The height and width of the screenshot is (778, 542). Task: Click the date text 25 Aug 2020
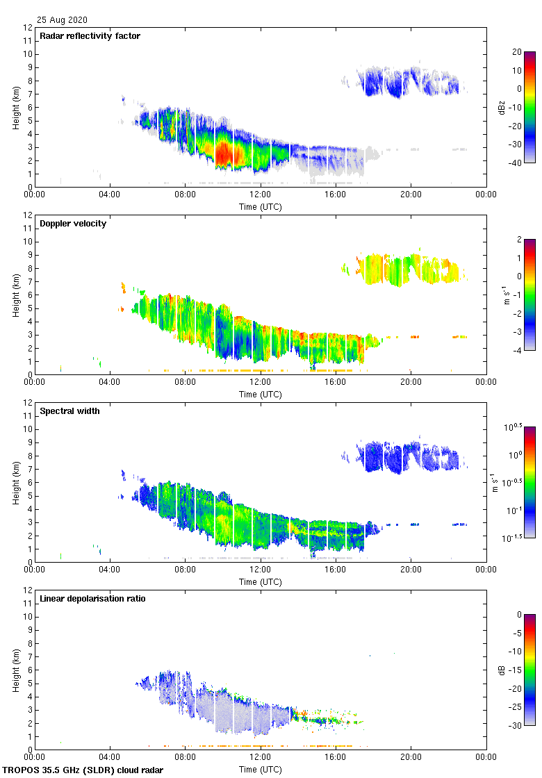(x=63, y=20)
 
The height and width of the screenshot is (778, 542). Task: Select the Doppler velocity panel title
(x=73, y=224)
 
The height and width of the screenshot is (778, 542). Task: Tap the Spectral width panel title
(x=70, y=411)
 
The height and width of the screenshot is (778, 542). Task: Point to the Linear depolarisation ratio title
(x=92, y=599)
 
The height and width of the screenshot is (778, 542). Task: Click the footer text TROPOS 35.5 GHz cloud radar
(x=83, y=770)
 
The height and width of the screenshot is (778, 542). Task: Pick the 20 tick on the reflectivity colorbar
(x=517, y=52)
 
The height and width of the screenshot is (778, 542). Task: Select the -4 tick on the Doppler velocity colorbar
(x=517, y=351)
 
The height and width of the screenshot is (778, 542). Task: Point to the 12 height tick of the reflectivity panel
(x=28, y=28)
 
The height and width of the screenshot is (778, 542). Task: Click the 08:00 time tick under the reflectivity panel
(x=185, y=195)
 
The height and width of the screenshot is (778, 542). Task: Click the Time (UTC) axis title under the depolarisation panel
(x=260, y=769)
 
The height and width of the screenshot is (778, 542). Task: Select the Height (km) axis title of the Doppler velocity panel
(x=15, y=295)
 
